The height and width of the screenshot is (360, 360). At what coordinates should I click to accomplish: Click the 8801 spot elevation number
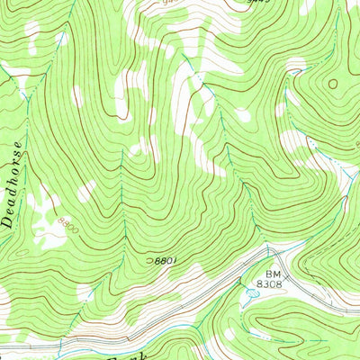[x=163, y=260]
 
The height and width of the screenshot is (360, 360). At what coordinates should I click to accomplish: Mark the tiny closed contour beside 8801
[x=149, y=260]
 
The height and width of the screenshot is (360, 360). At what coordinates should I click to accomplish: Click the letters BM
[x=272, y=272]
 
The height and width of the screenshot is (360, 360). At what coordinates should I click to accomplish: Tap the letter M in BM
[x=276, y=272]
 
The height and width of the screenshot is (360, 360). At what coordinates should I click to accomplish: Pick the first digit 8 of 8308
[x=266, y=283]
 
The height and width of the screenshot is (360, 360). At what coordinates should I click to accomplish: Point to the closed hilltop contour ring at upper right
[x=334, y=85]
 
